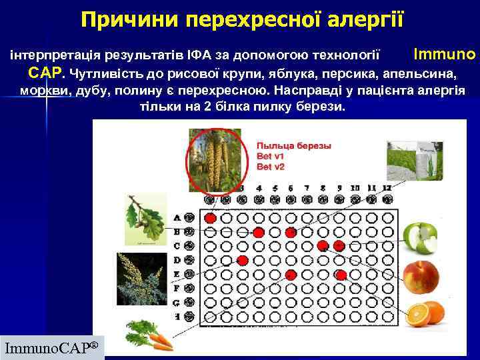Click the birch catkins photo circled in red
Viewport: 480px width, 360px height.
(x=215, y=160)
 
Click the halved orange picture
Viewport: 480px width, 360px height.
(x=425, y=313)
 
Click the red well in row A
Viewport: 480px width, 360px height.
(x=210, y=218)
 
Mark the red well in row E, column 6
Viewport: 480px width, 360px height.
(x=291, y=275)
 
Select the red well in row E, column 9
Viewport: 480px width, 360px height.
(x=340, y=275)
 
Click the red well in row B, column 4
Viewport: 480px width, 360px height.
(x=259, y=232)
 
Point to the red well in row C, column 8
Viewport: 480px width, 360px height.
(x=323, y=246)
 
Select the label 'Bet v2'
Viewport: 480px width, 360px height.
(x=271, y=167)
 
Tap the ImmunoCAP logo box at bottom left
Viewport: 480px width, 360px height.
(x=52, y=347)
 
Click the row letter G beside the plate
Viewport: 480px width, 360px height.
(x=177, y=303)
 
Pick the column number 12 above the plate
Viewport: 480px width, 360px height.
(x=387, y=188)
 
